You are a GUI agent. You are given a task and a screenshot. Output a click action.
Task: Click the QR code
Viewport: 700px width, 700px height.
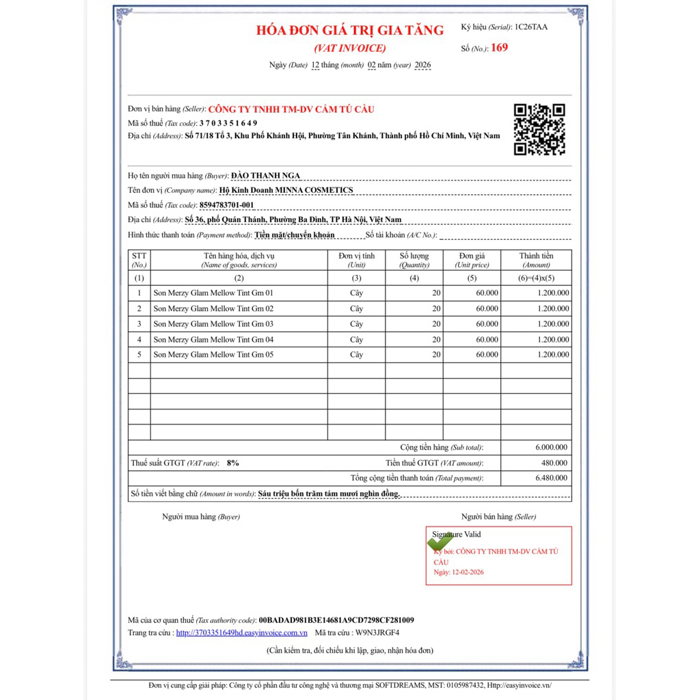tap(539, 129)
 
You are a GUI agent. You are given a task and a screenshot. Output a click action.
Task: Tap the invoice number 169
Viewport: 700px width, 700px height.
tap(500, 49)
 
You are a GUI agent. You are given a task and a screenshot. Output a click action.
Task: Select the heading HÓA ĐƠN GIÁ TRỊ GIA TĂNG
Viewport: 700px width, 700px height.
tap(349, 30)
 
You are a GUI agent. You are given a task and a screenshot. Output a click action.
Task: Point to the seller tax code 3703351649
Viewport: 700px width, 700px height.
tap(228, 123)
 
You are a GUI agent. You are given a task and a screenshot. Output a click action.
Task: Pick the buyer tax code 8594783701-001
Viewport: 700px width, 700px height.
tap(226, 205)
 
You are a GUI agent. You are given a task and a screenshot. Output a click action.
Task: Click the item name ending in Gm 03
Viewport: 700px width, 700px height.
tap(213, 324)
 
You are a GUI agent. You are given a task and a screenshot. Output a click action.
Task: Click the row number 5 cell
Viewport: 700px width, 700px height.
tap(139, 355)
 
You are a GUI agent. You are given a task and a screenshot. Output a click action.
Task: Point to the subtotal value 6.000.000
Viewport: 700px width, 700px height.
tap(552, 448)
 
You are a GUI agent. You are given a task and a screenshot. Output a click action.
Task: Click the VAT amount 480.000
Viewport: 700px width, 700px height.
tap(554, 463)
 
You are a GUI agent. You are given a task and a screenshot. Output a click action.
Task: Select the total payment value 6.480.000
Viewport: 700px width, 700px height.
tap(552, 478)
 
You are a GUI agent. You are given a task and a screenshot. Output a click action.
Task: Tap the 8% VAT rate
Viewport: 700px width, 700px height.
tap(233, 463)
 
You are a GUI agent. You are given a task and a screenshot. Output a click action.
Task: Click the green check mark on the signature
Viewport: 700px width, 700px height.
tap(440, 542)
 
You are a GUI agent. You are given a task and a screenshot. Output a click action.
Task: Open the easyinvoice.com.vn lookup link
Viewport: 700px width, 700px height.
tap(241, 633)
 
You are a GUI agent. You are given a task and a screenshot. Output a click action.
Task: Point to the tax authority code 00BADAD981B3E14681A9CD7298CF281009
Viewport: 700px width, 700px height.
tap(336, 620)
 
